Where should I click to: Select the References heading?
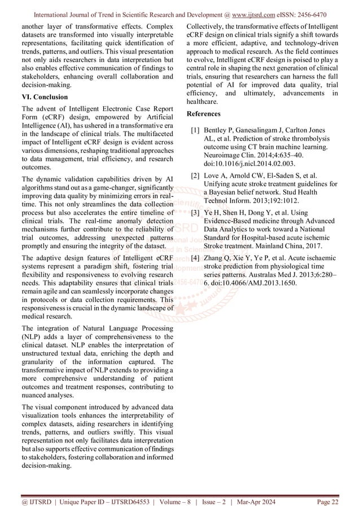click(204, 114)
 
